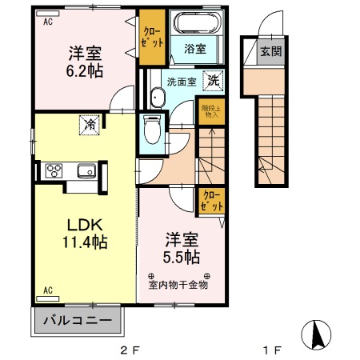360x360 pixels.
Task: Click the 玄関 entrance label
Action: [x=270, y=52]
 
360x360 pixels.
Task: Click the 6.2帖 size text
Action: [x=83, y=71]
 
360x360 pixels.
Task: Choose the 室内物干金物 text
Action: [x=178, y=283]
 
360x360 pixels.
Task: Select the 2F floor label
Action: [x=130, y=350]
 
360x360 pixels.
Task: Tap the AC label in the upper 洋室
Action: [x=47, y=22]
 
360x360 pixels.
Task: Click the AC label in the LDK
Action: [x=47, y=289]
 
